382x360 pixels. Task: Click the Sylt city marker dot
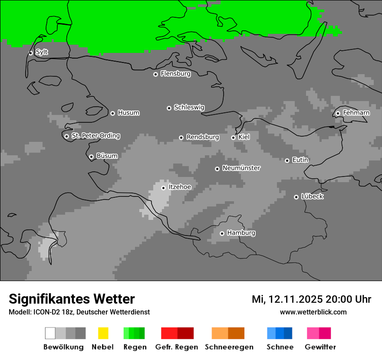(x=30, y=53)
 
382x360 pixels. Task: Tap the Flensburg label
(x=175, y=74)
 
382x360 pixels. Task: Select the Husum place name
(x=128, y=113)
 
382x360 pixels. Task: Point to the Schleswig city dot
(x=169, y=108)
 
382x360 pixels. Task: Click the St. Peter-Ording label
(x=95, y=136)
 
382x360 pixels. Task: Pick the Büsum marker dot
(x=91, y=157)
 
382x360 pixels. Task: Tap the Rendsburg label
(x=202, y=137)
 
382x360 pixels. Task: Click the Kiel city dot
(x=233, y=137)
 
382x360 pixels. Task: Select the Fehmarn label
(x=356, y=113)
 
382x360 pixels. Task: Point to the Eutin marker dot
(x=287, y=160)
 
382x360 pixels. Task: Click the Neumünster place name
(x=241, y=168)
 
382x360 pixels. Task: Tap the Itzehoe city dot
(x=163, y=188)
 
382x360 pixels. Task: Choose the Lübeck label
(x=312, y=196)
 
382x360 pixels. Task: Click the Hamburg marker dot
(x=222, y=233)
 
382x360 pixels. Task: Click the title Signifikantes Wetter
(x=72, y=299)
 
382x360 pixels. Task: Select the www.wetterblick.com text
(x=313, y=312)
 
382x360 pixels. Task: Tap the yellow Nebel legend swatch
(x=103, y=333)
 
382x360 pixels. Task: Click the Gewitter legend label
(x=320, y=347)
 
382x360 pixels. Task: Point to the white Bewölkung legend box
(x=50, y=333)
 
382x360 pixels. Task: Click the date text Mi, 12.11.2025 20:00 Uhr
(x=311, y=299)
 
